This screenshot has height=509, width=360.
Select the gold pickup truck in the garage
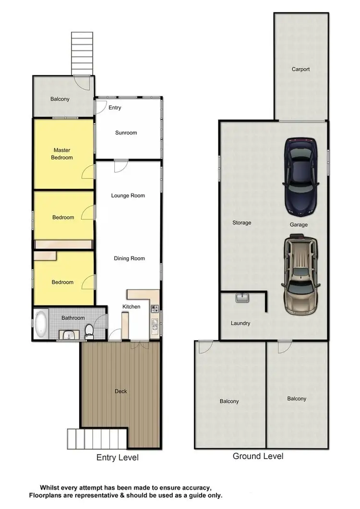300,274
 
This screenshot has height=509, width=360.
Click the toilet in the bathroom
89,331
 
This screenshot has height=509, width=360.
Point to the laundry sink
242,298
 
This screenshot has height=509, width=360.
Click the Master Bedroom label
62,154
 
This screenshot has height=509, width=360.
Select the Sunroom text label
126,133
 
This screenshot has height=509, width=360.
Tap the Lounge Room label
128,195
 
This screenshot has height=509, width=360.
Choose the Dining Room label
129,258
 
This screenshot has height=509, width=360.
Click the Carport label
300,69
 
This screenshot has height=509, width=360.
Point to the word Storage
242,223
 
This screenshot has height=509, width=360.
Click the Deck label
121,391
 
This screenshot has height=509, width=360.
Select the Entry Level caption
117,458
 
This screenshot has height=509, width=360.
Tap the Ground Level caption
258,456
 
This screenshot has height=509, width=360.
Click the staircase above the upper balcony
82,53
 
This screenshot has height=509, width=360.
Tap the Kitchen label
131,306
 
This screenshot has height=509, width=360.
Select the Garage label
299,224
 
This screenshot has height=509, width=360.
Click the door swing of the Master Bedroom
88,171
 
